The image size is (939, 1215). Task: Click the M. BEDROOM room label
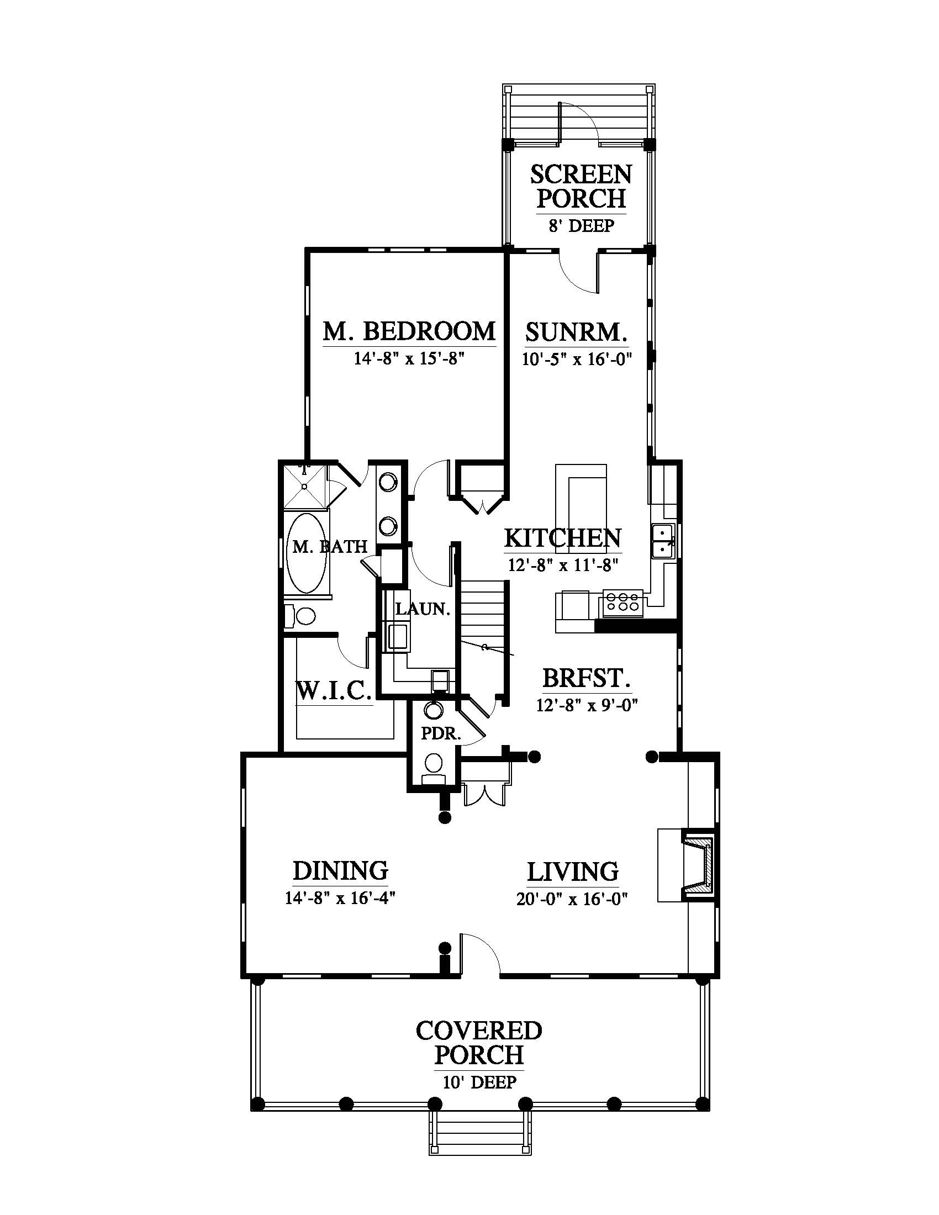point(409,331)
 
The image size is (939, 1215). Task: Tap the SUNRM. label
point(576,332)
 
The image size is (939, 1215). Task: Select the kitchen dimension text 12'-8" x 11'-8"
point(563,565)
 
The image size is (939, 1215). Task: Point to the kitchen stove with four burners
point(622,603)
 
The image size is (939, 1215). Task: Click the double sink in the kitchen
point(663,541)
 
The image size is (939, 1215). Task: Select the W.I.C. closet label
point(334,691)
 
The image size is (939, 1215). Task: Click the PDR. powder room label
point(441,734)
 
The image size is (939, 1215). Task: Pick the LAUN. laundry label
point(423,609)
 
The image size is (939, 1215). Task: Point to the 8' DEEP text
point(581,226)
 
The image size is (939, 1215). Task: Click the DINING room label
point(340,870)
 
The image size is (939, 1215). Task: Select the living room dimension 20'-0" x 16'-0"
point(572,899)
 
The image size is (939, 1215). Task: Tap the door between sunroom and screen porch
point(578,273)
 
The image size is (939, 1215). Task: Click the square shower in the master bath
point(305,485)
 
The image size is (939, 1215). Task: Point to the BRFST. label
point(586,679)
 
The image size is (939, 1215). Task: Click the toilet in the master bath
point(300,616)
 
